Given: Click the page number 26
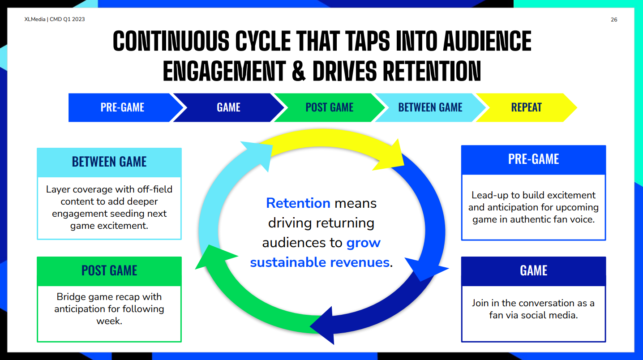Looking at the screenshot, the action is point(614,20).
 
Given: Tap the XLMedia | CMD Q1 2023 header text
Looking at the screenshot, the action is point(55,19).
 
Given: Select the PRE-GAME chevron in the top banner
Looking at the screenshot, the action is point(123,107).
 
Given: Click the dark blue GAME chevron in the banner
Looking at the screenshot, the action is point(228,107).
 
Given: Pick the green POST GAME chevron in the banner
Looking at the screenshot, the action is point(329,107).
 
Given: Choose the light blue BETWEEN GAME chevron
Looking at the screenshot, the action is point(430,107).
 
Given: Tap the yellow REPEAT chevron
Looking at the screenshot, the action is point(526,107).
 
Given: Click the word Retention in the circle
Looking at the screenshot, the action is point(298,203).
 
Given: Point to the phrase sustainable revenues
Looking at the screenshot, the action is point(320,262).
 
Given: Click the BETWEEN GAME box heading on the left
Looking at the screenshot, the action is point(109,162).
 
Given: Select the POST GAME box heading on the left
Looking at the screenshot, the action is point(109,270).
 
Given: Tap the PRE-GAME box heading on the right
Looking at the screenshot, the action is point(533,159).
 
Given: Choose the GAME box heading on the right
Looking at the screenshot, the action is point(533,270).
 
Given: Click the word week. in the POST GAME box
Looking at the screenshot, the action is point(109,321).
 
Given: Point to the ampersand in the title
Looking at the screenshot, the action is point(299,71).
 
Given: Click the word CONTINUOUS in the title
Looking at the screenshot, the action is point(171,41).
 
